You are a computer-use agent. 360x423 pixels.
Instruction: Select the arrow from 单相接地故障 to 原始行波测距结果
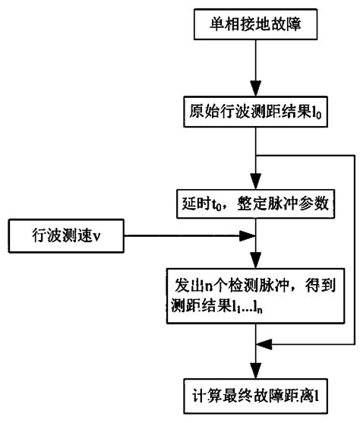coord(258,73)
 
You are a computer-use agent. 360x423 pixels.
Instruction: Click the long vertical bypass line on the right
coord(354,251)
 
